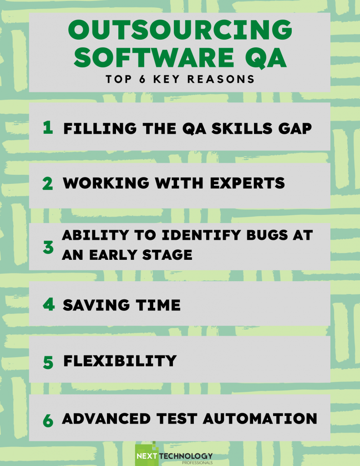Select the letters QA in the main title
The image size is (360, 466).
tap(266, 58)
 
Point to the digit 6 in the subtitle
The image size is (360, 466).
tap(142, 79)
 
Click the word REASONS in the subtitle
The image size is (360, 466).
tap(221, 79)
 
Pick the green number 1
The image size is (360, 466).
tap(48, 127)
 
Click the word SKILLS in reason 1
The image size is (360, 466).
tap(242, 128)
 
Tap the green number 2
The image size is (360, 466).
tap(48, 183)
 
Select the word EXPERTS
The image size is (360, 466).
tap(247, 183)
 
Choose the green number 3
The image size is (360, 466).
tap(48, 248)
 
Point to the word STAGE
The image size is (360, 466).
tap(167, 255)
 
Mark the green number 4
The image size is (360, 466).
tap(49, 304)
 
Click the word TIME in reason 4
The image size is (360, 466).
tap(158, 305)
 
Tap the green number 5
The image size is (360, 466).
tap(48, 363)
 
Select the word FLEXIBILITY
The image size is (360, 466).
tap(120, 361)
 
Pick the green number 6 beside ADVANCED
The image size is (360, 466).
tap(48, 420)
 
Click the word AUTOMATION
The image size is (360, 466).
tap(260, 419)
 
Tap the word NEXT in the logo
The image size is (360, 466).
tap(147, 456)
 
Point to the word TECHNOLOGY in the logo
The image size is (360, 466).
tap(186, 456)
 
